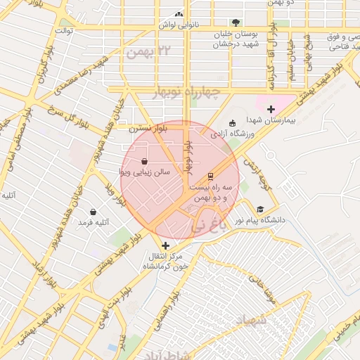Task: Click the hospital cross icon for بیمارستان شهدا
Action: tap(271, 109)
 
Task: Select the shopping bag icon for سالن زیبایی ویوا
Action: tap(144, 161)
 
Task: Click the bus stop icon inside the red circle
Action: tap(210, 176)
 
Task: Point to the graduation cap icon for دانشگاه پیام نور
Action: tap(261, 210)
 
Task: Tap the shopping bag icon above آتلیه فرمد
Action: tap(93, 212)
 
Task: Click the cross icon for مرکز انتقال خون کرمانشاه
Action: tap(165, 245)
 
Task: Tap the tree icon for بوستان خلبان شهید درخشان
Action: tap(236, 22)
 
